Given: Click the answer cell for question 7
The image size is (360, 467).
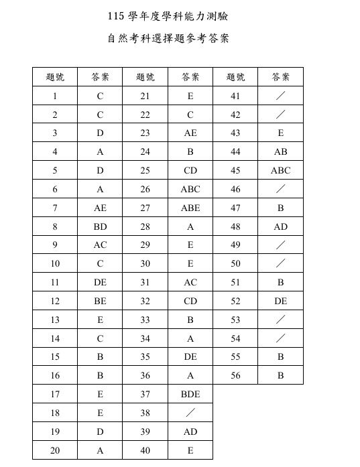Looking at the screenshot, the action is [x=100, y=208].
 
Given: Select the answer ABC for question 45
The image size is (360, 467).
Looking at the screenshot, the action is [x=280, y=171].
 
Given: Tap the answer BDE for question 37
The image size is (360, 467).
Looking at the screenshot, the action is [x=190, y=395].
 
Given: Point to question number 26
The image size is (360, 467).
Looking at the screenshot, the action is [x=145, y=190].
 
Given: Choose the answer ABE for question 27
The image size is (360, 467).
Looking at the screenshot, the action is [x=190, y=208].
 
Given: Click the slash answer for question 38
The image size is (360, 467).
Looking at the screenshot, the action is [x=190, y=413].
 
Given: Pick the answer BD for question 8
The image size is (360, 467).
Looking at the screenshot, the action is [x=100, y=227].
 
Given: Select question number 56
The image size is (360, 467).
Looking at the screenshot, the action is [x=235, y=376].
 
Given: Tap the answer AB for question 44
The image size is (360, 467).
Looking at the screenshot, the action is [x=280, y=152].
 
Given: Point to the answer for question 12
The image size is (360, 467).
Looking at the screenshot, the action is [x=100, y=302].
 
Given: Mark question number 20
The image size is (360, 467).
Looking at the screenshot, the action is [x=55, y=451].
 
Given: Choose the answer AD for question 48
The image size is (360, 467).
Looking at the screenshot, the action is [x=280, y=227].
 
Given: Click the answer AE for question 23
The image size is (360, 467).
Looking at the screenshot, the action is [x=190, y=133].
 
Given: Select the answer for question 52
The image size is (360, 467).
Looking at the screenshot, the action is [x=280, y=302].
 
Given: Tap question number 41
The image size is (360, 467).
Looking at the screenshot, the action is [x=235, y=96].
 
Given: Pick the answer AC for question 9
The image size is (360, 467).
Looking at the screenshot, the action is [x=100, y=245].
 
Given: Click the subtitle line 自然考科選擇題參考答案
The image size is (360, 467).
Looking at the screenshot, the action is [x=168, y=39].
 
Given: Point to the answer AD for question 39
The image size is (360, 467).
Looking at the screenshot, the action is [x=190, y=432].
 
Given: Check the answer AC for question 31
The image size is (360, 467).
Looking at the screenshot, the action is [x=190, y=283].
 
